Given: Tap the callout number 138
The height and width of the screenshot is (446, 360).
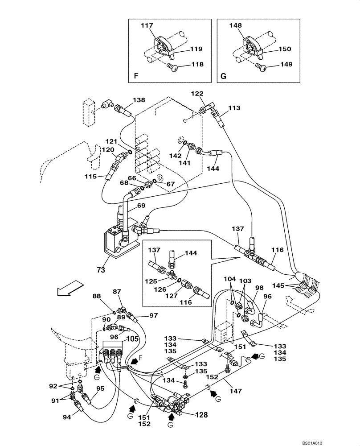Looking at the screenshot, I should coord(139,101).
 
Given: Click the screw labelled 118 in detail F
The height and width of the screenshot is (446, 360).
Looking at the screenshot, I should coord(172,66).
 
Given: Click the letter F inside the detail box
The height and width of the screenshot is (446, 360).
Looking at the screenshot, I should coord(136,76).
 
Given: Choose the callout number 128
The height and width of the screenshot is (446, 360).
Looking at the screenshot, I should coord(200,415).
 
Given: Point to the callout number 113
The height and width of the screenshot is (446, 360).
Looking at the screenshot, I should coord(234,108).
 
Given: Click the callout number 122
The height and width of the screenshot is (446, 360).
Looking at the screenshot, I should coord(197,94).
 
